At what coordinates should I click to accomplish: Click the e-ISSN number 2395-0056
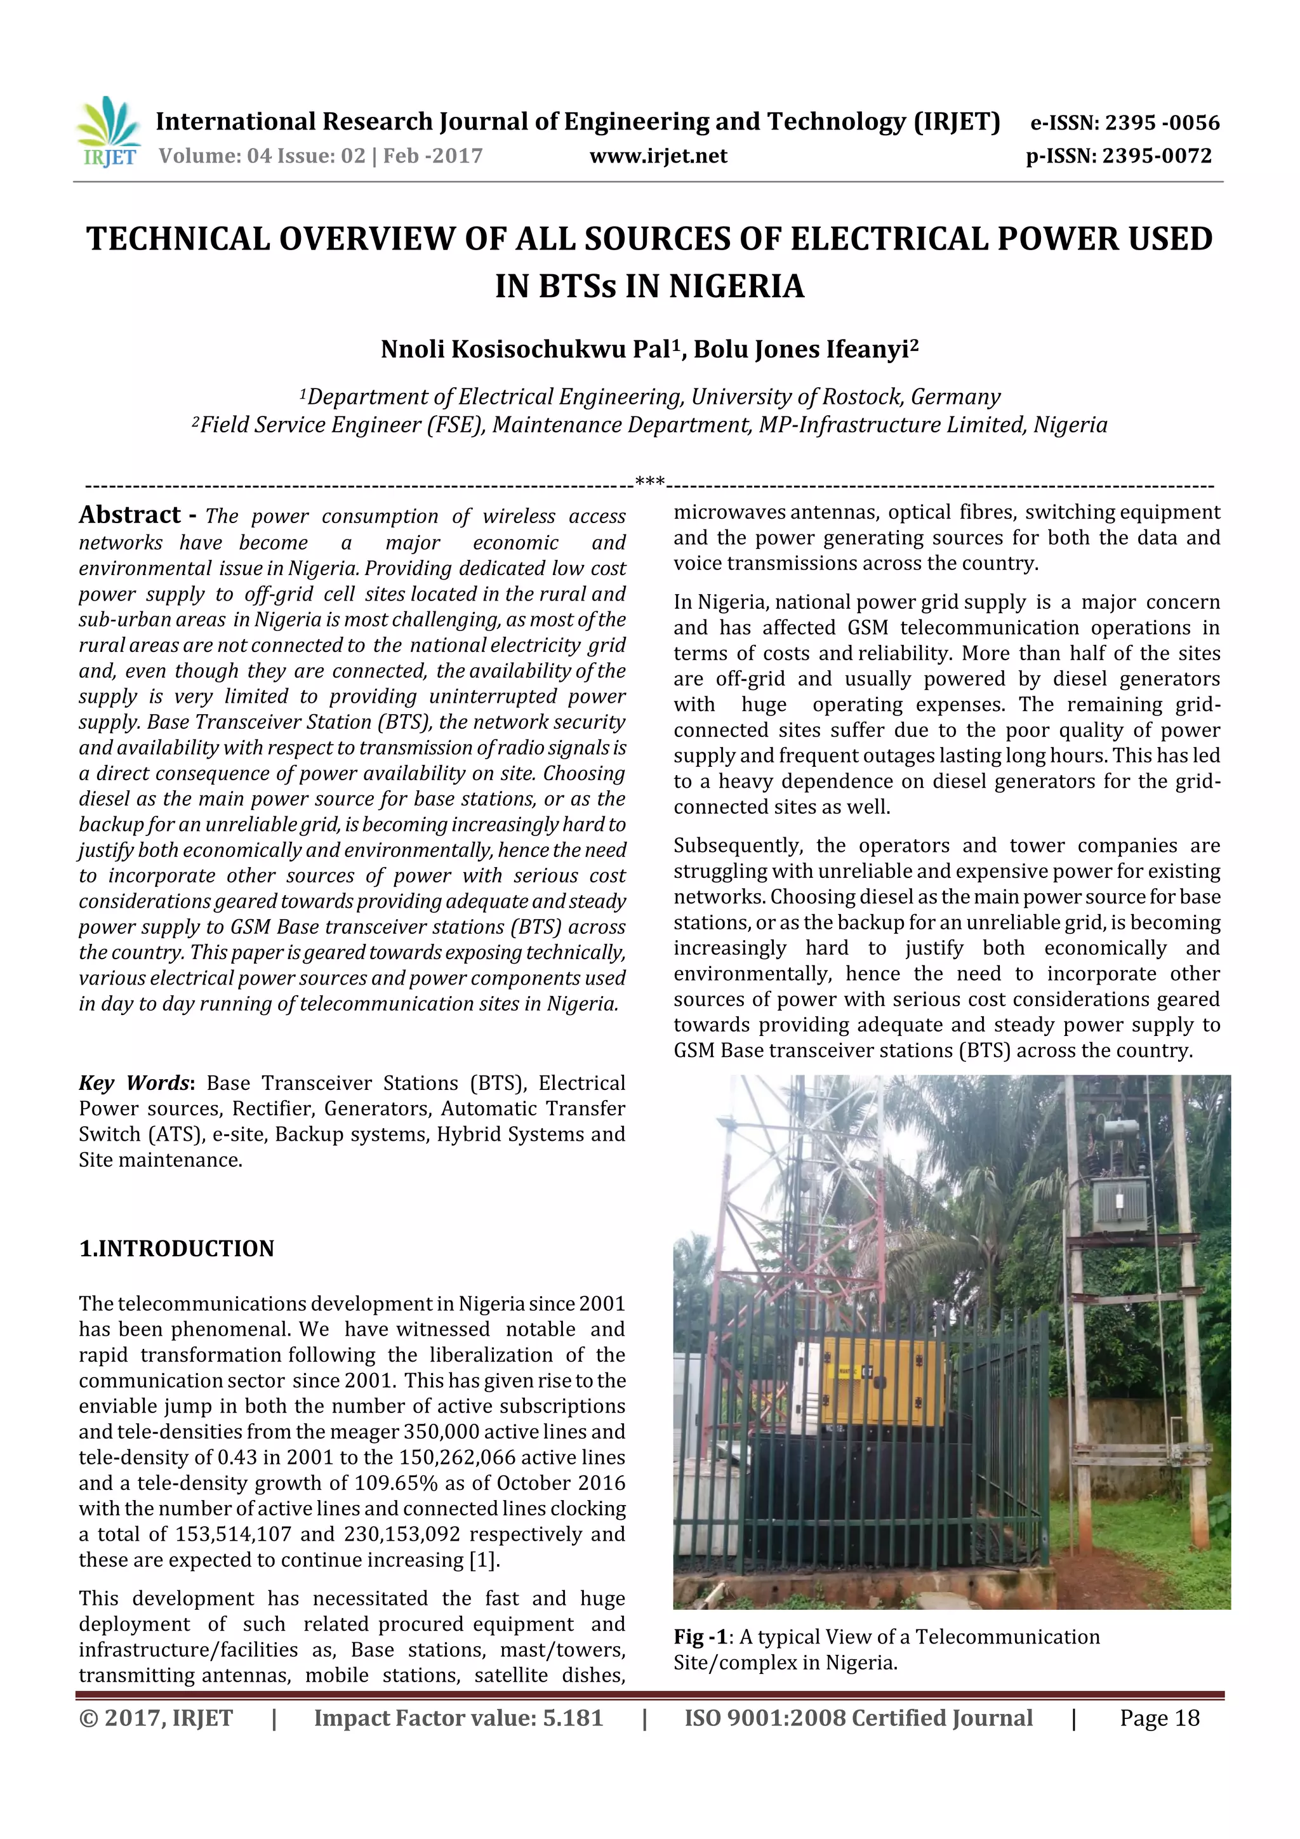pos(1162,123)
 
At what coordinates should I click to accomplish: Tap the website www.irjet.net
pos(658,156)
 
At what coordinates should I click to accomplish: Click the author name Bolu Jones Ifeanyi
pos(805,350)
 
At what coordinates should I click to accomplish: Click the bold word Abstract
pos(129,515)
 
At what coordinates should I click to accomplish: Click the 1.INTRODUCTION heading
pos(176,1249)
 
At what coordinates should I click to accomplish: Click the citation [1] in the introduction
pos(483,1560)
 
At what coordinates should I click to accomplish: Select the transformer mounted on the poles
pos(1119,1200)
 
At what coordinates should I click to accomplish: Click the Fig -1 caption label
pos(700,1637)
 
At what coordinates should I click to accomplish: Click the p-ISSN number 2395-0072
pos(1156,156)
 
